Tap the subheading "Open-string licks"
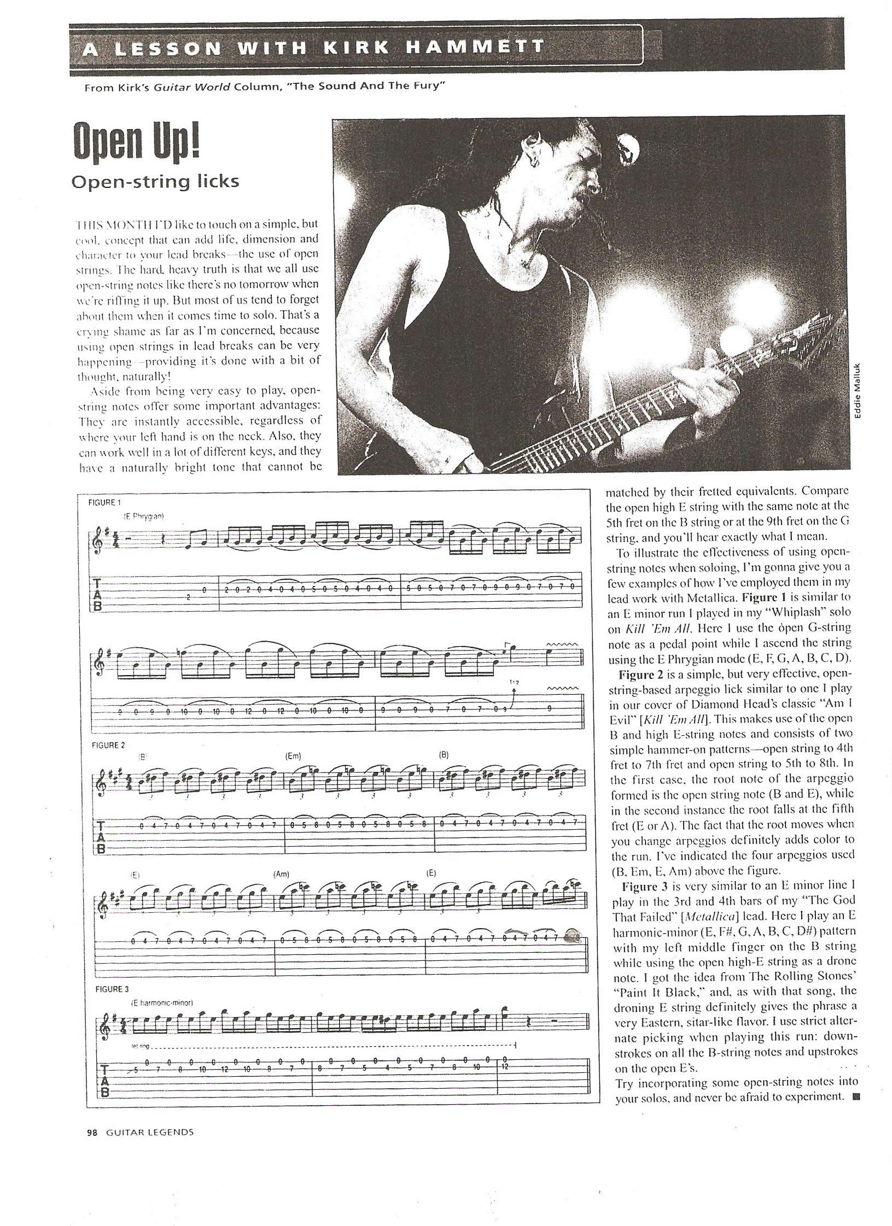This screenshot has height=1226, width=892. pyautogui.click(x=155, y=181)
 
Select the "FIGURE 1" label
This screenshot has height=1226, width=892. pyautogui.click(x=104, y=502)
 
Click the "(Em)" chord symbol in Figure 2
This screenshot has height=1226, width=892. pyautogui.click(x=294, y=756)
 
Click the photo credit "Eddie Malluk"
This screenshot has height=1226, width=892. pyautogui.click(x=858, y=392)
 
